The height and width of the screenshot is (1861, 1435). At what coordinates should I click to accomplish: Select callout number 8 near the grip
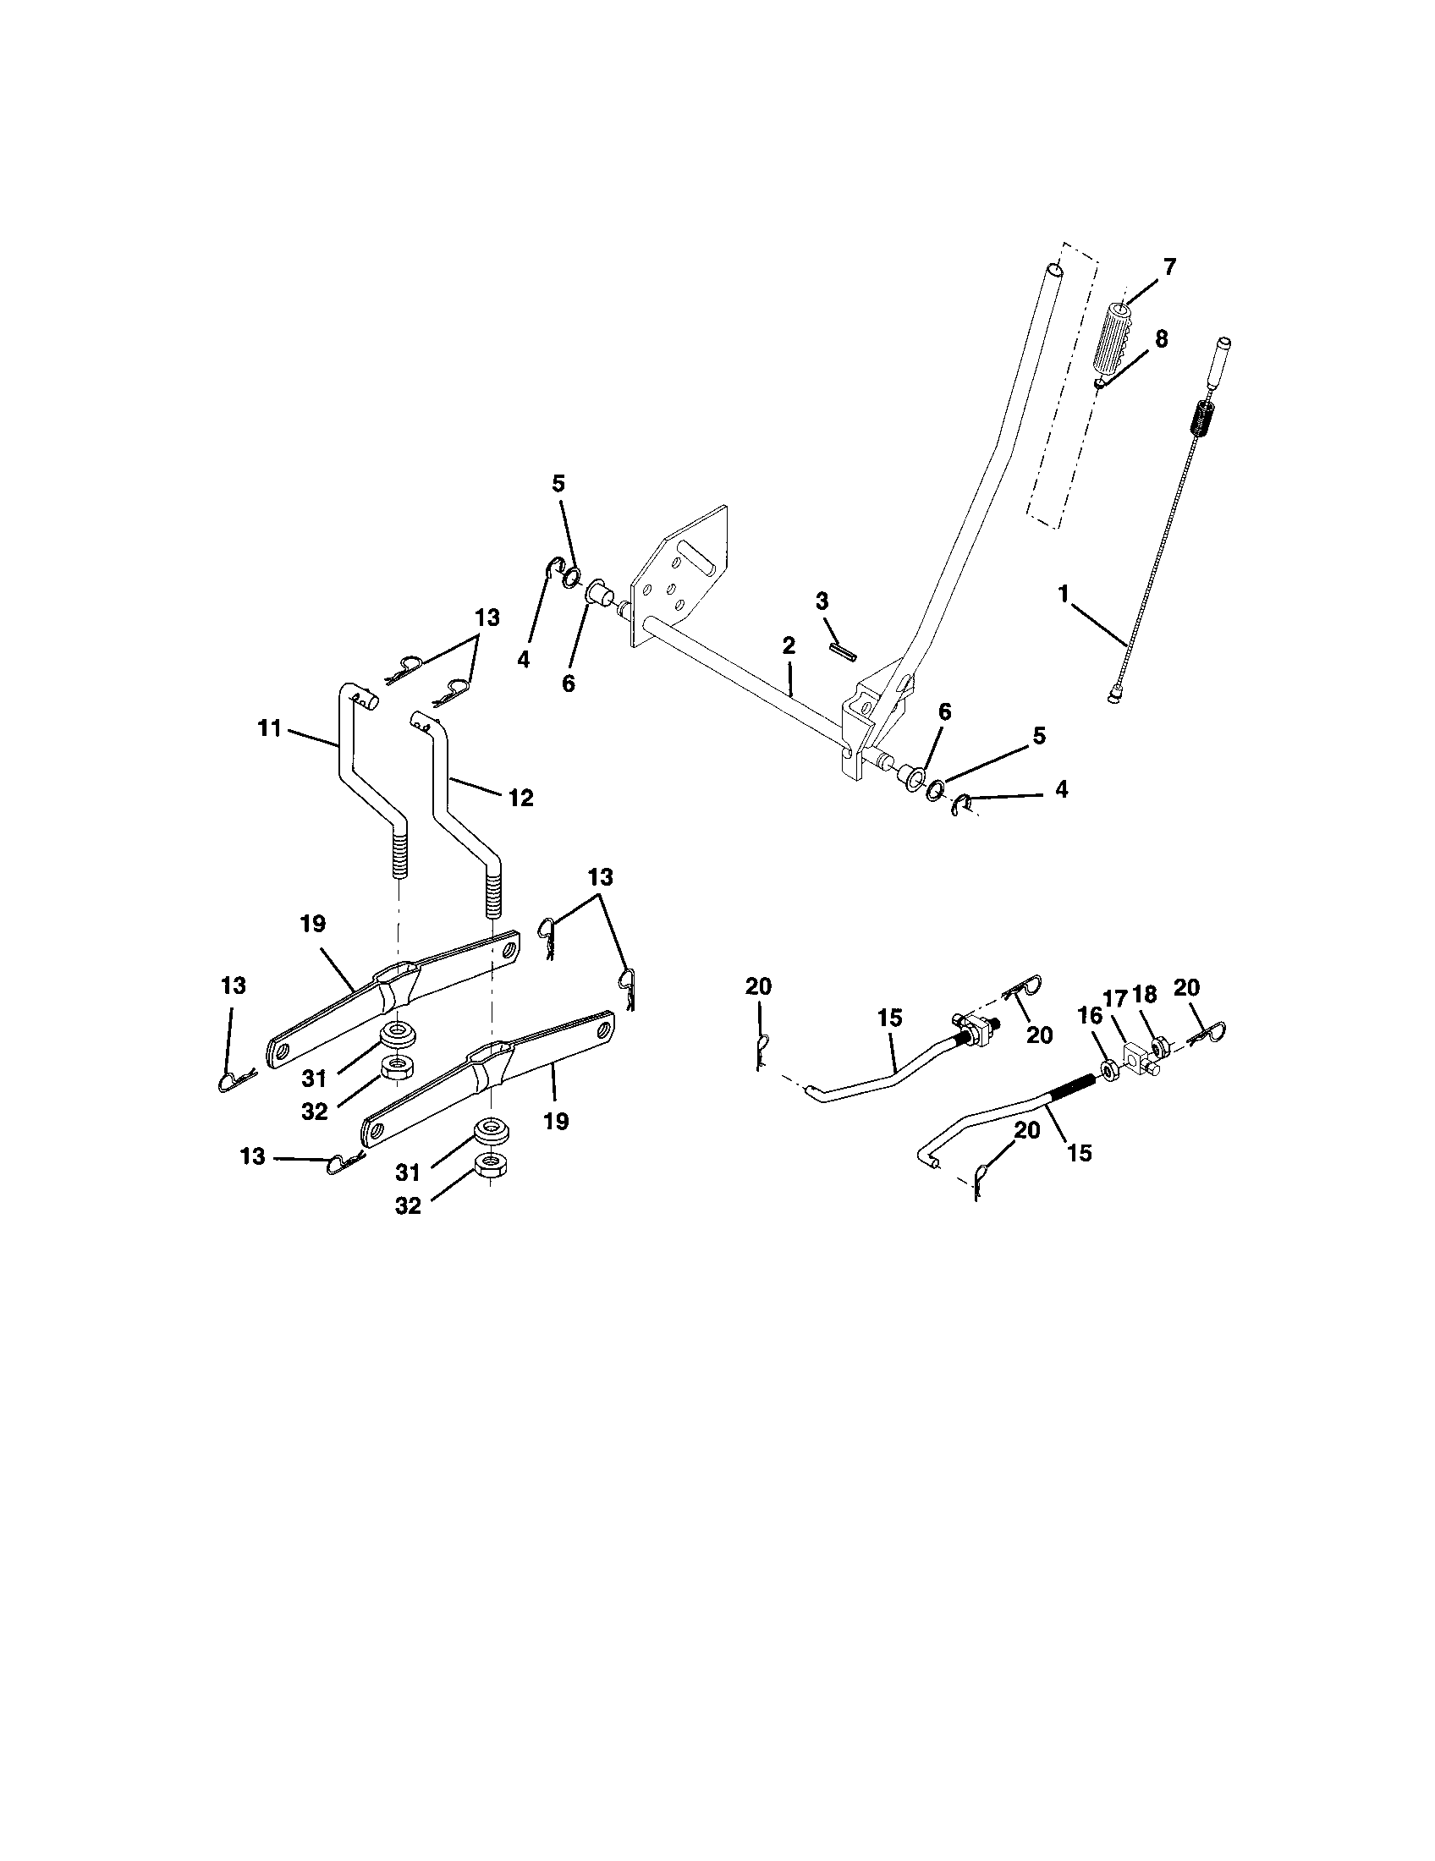coord(1160,338)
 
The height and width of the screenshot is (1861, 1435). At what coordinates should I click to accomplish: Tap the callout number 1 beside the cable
coord(1064,595)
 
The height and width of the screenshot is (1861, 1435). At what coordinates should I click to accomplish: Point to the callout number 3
coord(822,601)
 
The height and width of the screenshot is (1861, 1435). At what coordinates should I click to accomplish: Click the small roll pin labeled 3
coord(843,650)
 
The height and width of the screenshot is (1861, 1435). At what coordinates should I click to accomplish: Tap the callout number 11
coord(269,729)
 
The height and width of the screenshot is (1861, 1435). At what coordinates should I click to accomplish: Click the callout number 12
coord(520,798)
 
